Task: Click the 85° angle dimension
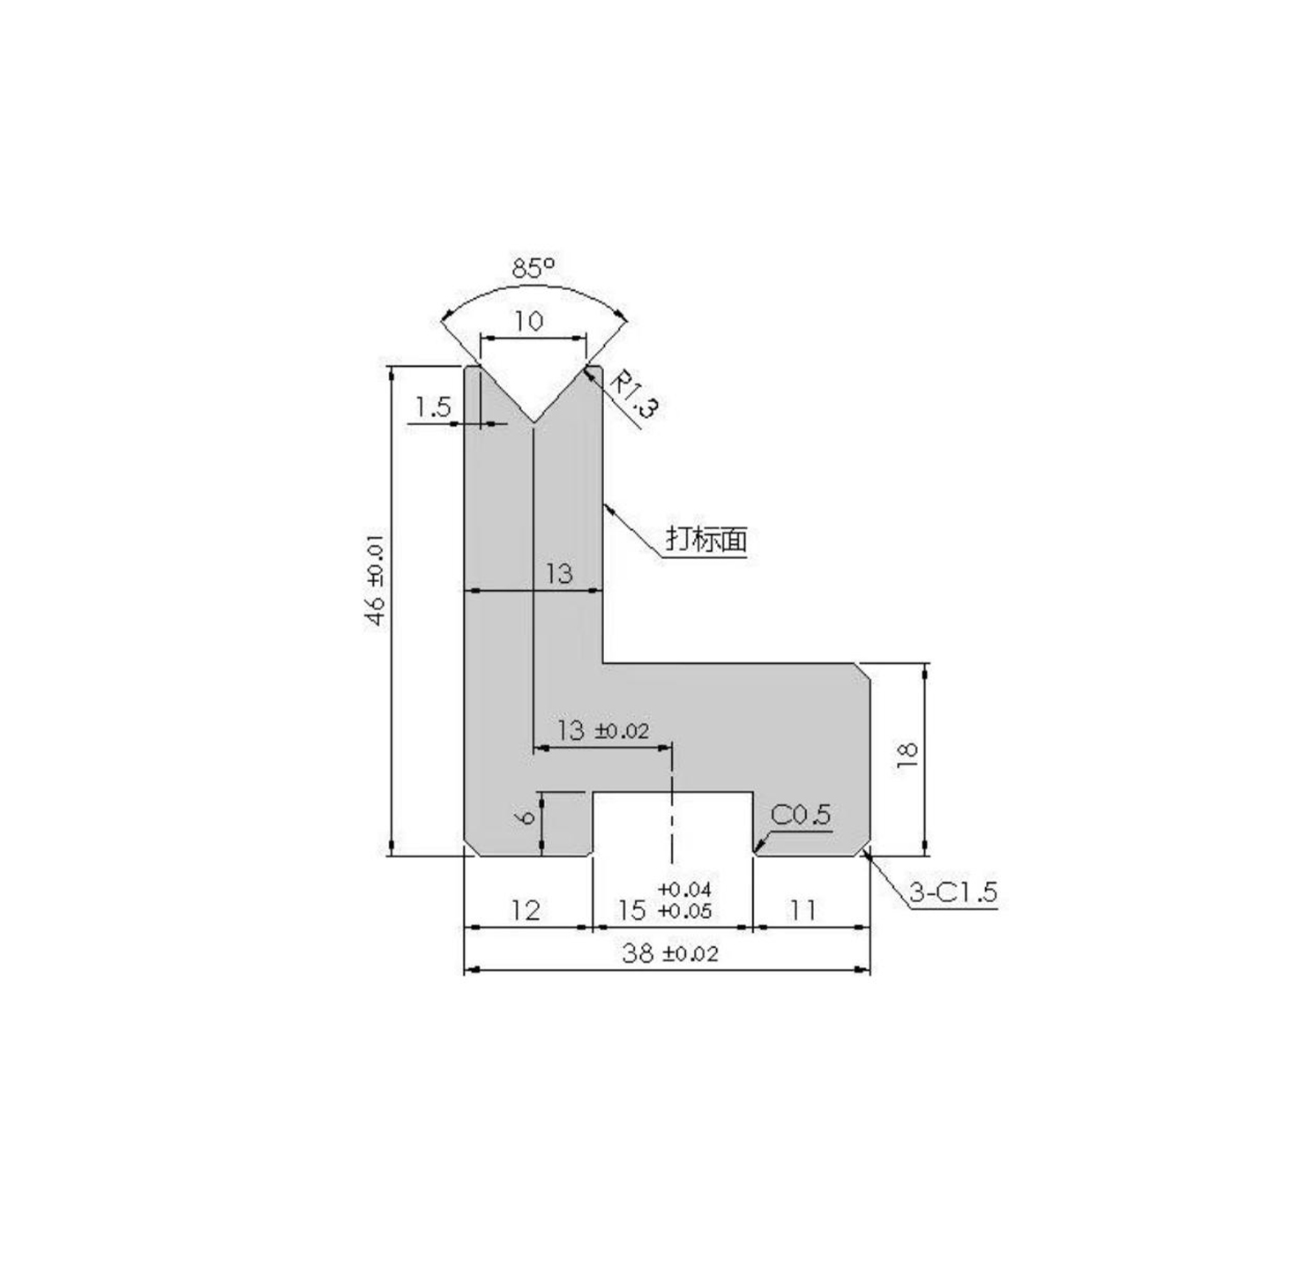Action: coord(534,267)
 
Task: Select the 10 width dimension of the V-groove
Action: coord(529,321)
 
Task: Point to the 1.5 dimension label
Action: coord(433,407)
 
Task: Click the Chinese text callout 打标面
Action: coord(705,539)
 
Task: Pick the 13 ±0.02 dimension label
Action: coord(603,730)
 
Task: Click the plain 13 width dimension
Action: coord(558,574)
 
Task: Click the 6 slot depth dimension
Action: coord(526,817)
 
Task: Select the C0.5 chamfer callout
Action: coord(801,815)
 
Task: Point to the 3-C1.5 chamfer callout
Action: coord(952,892)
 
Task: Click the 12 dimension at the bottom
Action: coord(525,910)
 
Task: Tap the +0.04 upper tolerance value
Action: coord(685,889)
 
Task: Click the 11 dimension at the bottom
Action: coord(802,910)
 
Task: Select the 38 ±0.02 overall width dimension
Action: coord(670,953)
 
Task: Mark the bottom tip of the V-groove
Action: coord(534,421)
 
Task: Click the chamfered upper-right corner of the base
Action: coord(864,671)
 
